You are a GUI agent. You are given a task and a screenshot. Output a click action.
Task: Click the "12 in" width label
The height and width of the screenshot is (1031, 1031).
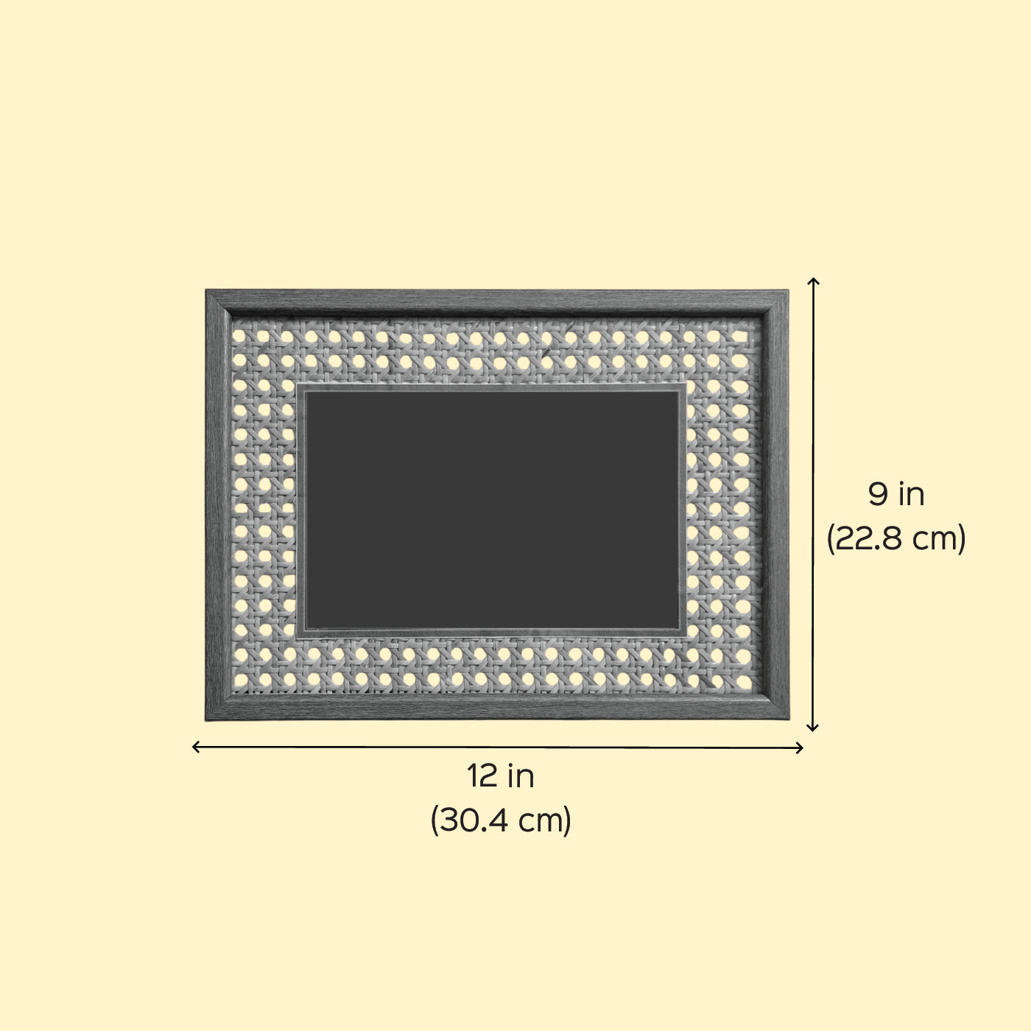(500, 775)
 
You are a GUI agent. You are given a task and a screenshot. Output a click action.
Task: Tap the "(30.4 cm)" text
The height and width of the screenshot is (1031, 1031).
(501, 820)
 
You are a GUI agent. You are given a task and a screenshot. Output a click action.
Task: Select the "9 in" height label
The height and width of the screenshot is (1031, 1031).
(896, 494)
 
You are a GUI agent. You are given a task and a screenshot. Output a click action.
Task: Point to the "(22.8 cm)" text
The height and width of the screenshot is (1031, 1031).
(896, 538)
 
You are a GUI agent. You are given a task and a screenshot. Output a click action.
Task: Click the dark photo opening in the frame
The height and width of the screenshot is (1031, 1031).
(492, 510)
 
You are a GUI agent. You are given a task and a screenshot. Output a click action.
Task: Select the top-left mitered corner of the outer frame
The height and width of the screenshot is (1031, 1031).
(206, 290)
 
